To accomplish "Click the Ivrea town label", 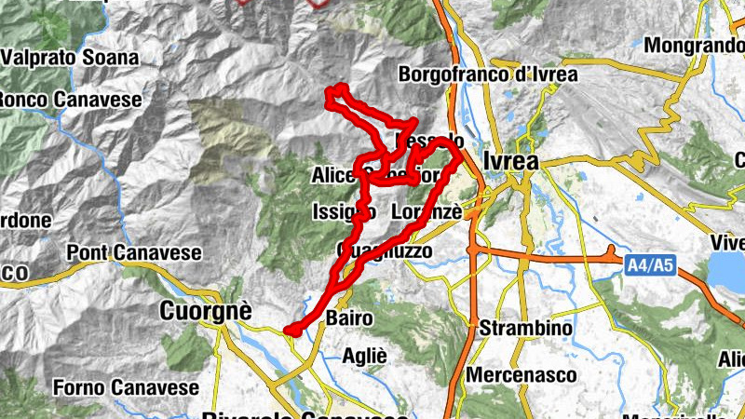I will [x=511, y=160].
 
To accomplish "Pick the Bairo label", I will [x=349, y=318].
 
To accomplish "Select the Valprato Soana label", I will [x=70, y=58].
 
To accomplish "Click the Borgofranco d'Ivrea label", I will [x=487, y=74].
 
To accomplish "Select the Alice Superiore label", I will [x=372, y=175].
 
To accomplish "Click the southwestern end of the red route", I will [x=290, y=329].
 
